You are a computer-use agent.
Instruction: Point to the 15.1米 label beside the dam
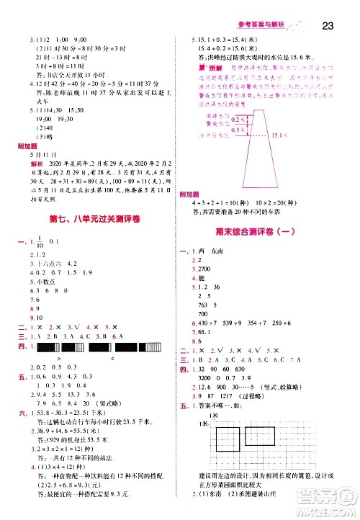click(279, 134)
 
